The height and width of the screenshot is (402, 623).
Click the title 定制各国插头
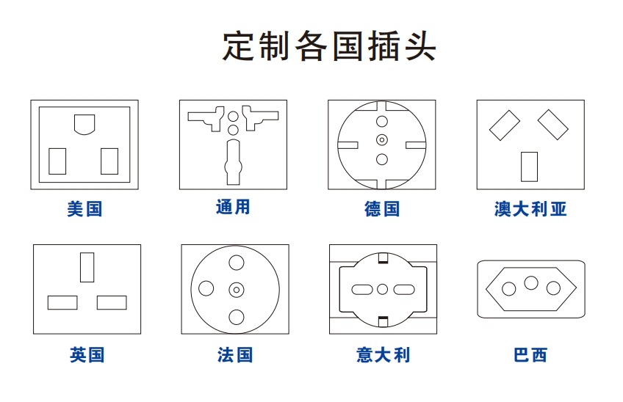click(x=329, y=46)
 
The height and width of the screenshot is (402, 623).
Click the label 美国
click(x=84, y=209)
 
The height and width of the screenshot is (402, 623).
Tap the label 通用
click(x=233, y=207)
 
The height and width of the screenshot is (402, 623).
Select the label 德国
click(x=382, y=209)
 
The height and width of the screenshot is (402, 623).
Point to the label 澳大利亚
click(x=530, y=209)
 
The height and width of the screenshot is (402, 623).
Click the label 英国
click(x=87, y=354)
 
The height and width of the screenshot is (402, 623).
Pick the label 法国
click(x=235, y=354)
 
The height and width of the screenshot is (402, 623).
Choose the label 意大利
click(x=383, y=354)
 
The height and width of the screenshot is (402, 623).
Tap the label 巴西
click(x=530, y=354)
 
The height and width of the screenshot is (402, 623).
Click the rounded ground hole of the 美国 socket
click(x=84, y=124)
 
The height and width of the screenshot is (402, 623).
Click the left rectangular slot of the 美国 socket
click(x=57, y=161)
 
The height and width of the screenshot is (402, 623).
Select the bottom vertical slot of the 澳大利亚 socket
click(x=529, y=167)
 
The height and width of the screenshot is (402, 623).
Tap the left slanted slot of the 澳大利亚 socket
click(x=505, y=125)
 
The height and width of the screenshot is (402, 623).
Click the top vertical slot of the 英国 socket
click(x=87, y=268)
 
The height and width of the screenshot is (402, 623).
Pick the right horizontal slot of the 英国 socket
click(x=112, y=302)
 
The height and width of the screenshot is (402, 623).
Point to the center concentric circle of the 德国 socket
click(x=382, y=139)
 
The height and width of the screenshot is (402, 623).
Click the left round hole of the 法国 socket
click(x=206, y=288)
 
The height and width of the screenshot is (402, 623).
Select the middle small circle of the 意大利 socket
click(x=382, y=289)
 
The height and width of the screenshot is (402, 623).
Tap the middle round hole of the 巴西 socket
click(x=531, y=283)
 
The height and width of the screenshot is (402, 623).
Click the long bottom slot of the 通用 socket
click(x=233, y=162)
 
